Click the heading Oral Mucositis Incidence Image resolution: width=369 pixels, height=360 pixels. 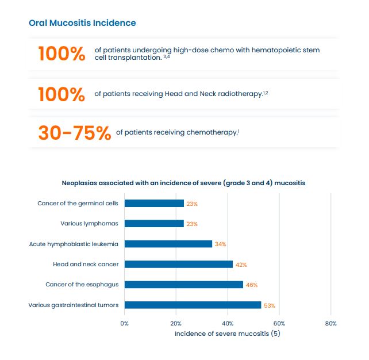click(82, 23)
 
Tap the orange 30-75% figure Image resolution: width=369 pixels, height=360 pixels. click(74, 133)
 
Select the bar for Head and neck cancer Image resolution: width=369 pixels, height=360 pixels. click(178, 264)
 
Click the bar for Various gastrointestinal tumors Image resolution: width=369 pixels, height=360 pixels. click(193, 305)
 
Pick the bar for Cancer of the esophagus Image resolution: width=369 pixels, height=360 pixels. click(183, 285)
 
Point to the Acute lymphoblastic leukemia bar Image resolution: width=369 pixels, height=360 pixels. click(168, 244)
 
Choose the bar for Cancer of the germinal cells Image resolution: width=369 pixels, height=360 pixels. click(154, 203)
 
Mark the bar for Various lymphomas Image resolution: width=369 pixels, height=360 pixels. click(154, 224)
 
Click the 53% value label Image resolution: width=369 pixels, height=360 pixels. click(270, 305)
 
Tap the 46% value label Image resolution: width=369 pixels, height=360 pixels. click(252, 285)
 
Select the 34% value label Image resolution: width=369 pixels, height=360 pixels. click(220, 244)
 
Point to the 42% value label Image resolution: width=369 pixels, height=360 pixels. click(241, 265)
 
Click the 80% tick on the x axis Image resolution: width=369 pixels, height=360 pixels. click(330, 323)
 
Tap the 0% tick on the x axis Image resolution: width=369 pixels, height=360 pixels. click(125, 323)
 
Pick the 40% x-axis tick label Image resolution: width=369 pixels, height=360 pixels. click(228, 323)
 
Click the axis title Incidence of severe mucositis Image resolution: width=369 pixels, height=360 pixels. click(227, 334)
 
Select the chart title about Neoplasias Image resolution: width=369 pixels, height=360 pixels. click(183, 183)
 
